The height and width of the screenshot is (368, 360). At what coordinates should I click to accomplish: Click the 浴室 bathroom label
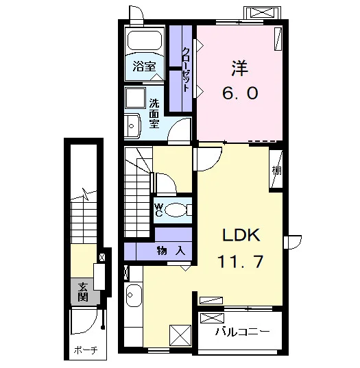pos(144,66)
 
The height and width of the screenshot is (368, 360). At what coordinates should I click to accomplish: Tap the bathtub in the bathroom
pos(145,40)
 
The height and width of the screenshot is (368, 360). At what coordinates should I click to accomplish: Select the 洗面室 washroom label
pos(154,113)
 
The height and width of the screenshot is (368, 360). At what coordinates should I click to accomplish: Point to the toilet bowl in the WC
pos(176,210)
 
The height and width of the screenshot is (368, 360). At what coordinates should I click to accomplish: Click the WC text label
pos(159,210)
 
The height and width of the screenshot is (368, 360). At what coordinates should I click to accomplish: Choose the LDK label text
pos(241,235)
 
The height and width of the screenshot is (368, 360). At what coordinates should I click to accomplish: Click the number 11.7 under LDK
pos(241,261)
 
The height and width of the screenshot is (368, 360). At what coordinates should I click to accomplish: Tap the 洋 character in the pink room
pos(240,68)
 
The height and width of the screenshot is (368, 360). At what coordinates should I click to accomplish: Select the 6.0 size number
pos(240,93)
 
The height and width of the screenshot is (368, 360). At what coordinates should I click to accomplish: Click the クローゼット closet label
pos(186,70)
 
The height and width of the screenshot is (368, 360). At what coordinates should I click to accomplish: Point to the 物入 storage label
pos(171,252)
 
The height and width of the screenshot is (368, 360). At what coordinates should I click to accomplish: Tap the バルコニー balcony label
pos(242,332)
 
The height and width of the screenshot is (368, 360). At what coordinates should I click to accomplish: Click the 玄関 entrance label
pos(83,292)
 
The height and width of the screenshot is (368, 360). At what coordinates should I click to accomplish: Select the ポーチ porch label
pos(86,350)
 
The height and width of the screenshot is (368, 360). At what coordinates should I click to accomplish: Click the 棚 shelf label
pos(277,170)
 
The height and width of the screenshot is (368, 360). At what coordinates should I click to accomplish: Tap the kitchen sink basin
pos(134,295)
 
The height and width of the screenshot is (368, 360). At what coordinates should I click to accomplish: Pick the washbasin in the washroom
pos(132,126)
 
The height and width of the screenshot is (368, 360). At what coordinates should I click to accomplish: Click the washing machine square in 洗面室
pos(135,98)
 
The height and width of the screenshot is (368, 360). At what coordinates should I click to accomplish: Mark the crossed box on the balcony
pos(212,318)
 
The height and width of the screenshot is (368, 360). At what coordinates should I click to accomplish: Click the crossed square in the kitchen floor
pos(180,335)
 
